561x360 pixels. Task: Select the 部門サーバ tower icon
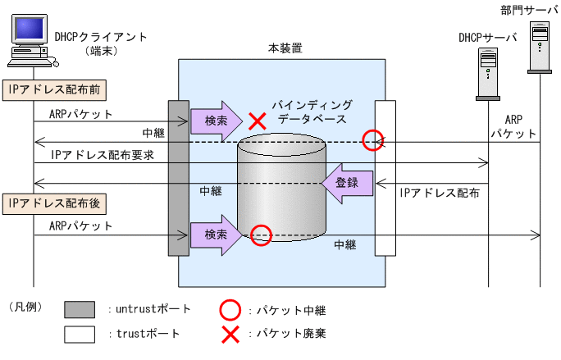coord(540,47)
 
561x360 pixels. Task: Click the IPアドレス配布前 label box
coord(57,89)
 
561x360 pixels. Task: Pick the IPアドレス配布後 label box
coord(57,202)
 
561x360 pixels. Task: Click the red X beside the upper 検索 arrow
coord(258,121)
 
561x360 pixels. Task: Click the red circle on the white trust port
coord(373,140)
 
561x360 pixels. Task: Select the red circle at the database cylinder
coord(261,235)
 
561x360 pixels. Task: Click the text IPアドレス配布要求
coord(102,154)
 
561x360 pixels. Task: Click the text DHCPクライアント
coord(101,37)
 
